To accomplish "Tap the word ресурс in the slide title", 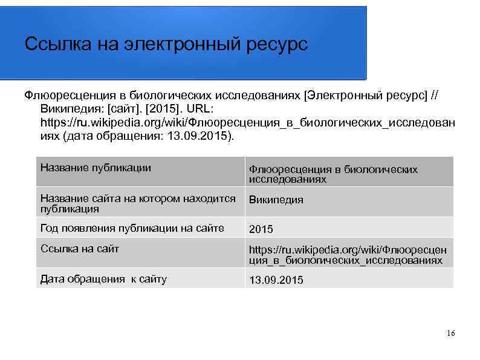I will click(x=277, y=45).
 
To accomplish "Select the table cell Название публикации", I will click(x=96, y=168).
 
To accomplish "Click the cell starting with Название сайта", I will click(x=138, y=203).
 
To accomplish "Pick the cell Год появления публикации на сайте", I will click(x=132, y=228).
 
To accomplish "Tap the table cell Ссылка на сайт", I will click(x=79, y=248).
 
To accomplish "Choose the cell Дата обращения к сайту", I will click(x=103, y=279).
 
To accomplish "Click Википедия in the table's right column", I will click(x=276, y=200).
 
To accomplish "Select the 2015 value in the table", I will click(x=261, y=229).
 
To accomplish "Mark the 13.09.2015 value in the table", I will click(x=276, y=281).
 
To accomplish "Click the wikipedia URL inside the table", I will click(x=348, y=255).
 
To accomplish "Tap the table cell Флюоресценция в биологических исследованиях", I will click(x=333, y=174).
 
